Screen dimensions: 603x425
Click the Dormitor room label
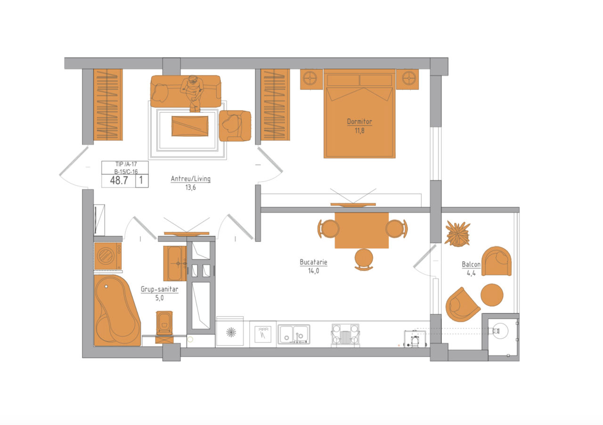[x=359, y=122]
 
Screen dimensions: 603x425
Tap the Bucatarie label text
[x=313, y=262]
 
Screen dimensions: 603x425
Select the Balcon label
[x=471, y=264]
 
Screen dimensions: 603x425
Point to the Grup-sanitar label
[x=159, y=289]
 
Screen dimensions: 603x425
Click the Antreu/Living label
[x=191, y=179]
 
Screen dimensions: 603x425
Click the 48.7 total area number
[x=119, y=180]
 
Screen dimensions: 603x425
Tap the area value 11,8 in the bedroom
[x=359, y=131]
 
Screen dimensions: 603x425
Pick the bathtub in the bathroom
[x=117, y=310]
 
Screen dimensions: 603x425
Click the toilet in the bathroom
[x=164, y=327]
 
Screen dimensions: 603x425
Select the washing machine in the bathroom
[x=108, y=256]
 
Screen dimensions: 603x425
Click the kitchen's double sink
[x=293, y=334]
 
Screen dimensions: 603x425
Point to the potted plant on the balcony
[x=457, y=233]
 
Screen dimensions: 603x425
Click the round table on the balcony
[x=492, y=295]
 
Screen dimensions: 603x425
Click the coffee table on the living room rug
[x=190, y=126]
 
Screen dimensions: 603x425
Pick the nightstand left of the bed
[x=311, y=79]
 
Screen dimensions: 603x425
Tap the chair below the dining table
[x=364, y=259]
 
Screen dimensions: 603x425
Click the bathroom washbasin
[x=175, y=263]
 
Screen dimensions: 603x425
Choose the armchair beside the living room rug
[x=235, y=126]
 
